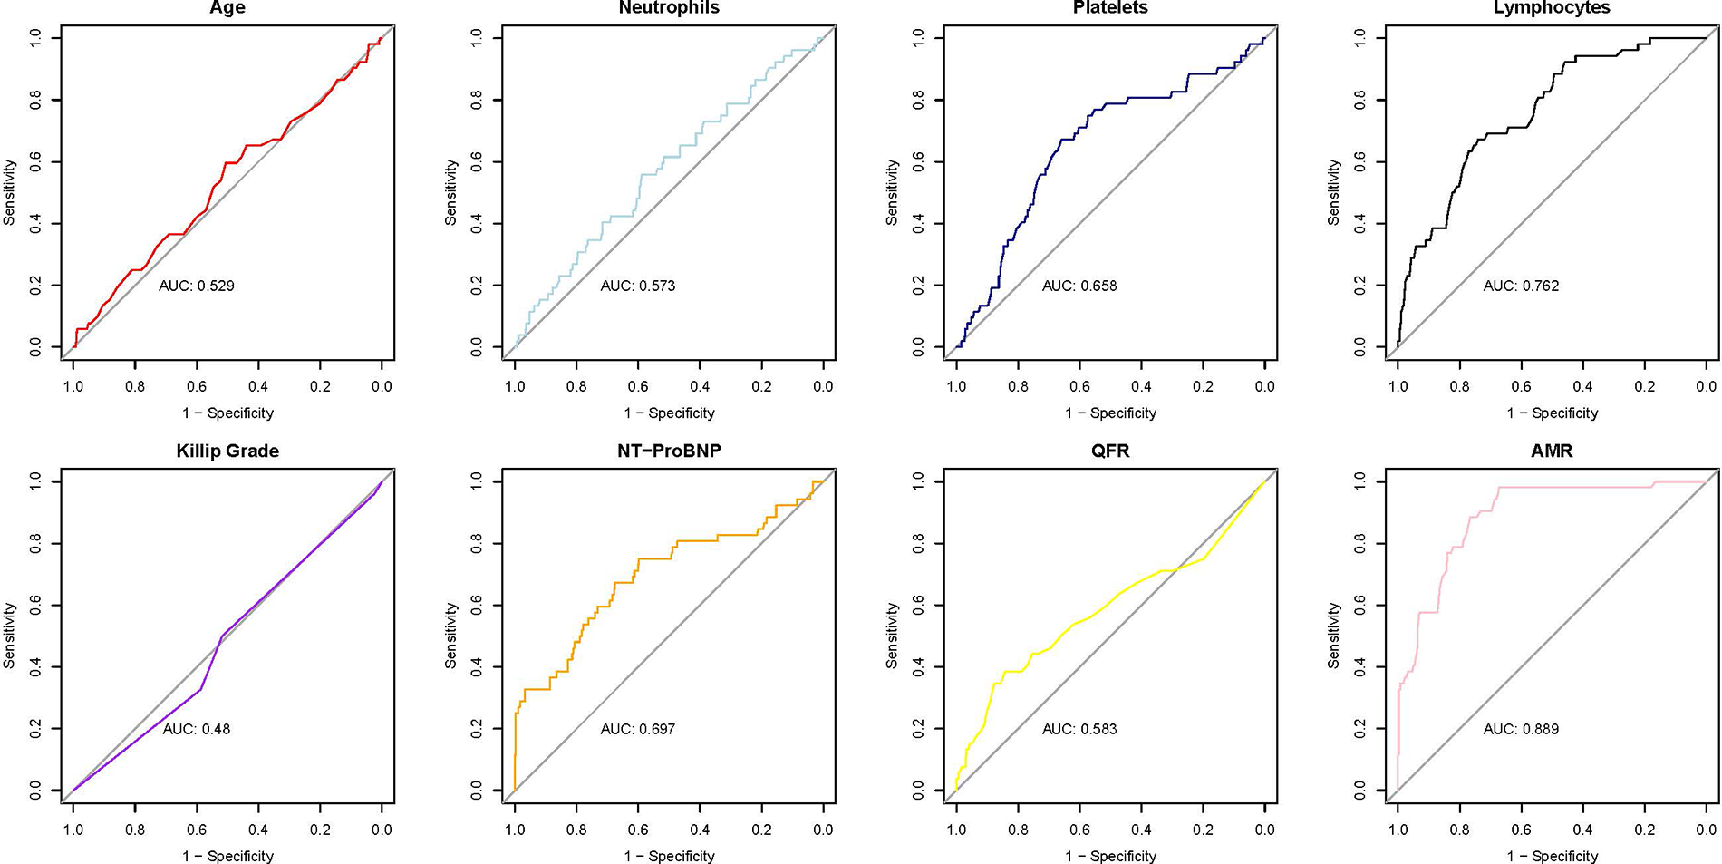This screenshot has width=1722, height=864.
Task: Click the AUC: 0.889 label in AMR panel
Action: pyautogui.click(x=1521, y=729)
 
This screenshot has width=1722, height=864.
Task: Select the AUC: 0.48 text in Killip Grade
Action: pyautogui.click(x=197, y=729)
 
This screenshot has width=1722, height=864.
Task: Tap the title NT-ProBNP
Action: pyautogui.click(x=669, y=451)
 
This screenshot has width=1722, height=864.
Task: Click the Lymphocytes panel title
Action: pyautogui.click(x=1552, y=8)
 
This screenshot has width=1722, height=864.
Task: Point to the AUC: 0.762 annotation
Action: pyautogui.click(x=1521, y=286)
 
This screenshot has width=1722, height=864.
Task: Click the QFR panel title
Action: pyautogui.click(x=1110, y=451)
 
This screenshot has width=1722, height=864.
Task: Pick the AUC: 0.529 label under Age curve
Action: pyautogui.click(x=197, y=286)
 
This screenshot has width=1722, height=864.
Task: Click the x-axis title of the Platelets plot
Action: pyautogui.click(x=1110, y=413)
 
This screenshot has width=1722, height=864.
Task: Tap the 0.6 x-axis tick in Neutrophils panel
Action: pyautogui.click(x=638, y=386)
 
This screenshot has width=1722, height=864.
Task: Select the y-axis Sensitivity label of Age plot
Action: pyautogui.click(x=10, y=192)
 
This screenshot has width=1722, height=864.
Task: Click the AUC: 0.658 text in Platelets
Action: pyautogui.click(x=1079, y=286)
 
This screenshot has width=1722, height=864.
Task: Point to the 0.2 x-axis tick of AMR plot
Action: pyautogui.click(x=1644, y=830)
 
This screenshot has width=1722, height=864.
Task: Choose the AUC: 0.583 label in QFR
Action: pyautogui.click(x=1079, y=729)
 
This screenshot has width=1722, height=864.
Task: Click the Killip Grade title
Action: pyautogui.click(x=227, y=451)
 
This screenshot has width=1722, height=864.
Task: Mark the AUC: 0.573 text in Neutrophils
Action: pyautogui.click(x=638, y=286)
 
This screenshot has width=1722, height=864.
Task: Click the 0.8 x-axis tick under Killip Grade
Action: pyautogui.click(x=135, y=830)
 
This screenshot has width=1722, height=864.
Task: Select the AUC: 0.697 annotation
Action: pyautogui.click(x=638, y=729)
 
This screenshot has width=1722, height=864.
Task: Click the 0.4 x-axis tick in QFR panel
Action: pyautogui.click(x=1141, y=830)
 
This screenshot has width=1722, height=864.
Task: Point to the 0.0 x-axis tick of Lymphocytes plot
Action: pyautogui.click(x=1706, y=386)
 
